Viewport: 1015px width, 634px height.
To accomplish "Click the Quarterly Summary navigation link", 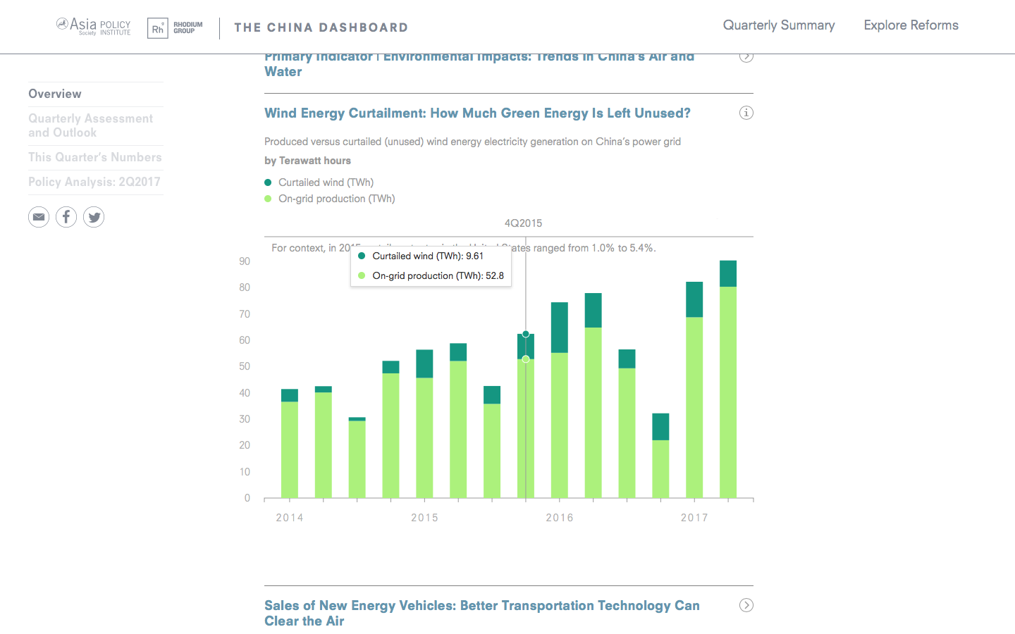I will coord(778,25).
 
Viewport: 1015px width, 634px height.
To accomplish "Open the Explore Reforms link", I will coord(911,25).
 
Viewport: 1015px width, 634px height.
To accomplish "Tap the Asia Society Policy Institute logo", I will coord(93,27).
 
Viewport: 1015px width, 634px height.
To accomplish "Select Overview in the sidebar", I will coord(55,94).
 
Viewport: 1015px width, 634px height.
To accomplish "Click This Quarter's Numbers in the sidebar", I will coord(95,157).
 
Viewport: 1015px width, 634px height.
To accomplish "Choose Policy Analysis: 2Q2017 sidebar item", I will coord(94,182).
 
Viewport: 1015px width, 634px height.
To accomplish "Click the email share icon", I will coord(39,217).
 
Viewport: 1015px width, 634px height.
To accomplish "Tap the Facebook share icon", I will coord(66,217).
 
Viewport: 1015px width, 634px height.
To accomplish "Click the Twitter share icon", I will coord(94,217).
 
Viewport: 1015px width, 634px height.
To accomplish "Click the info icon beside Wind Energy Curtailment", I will coord(746,113).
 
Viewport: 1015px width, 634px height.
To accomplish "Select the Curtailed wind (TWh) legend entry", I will coord(326,182).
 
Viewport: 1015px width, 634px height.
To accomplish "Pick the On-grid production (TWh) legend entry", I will coord(336,199).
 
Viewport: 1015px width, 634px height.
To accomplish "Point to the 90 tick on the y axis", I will coord(245,261).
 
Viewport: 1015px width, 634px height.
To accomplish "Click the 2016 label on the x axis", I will coord(560,518).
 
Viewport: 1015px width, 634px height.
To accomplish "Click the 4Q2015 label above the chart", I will coord(523,223).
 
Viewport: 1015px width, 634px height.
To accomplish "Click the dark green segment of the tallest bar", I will coord(727,274).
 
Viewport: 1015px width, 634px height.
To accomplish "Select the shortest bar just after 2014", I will coord(357,458).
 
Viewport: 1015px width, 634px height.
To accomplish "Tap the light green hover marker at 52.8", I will coord(526,359).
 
